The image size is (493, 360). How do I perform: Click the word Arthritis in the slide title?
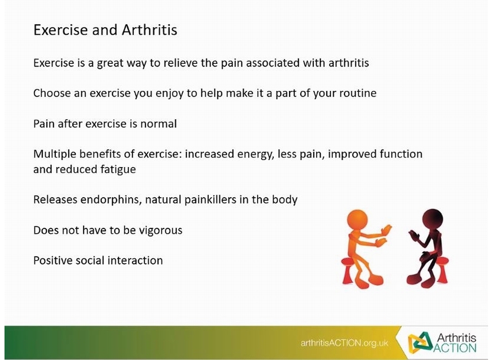click(149, 30)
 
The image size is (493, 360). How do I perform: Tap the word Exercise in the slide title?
click(60, 30)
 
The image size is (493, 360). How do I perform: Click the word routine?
click(358, 93)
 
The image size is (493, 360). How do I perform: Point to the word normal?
click(158, 123)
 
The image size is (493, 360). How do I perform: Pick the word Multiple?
click(55, 154)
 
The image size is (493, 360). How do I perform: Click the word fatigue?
click(118, 169)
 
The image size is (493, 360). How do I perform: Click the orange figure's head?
click(357, 220)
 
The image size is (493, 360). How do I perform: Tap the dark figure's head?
click(432, 219)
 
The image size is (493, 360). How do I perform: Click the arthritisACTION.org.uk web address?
click(344, 343)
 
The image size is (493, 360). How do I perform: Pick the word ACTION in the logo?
click(455, 348)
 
